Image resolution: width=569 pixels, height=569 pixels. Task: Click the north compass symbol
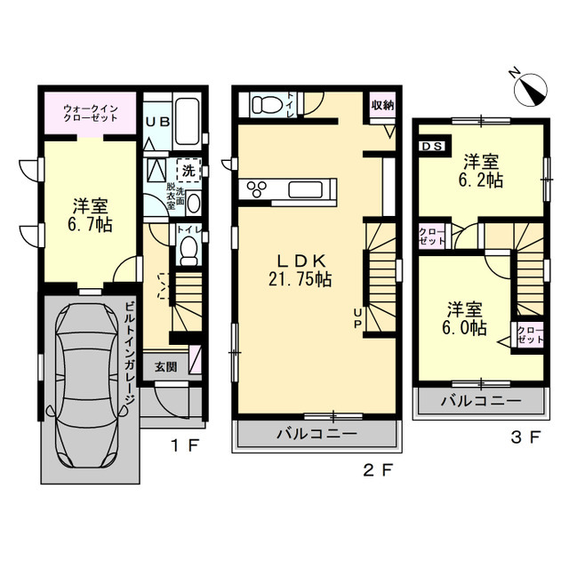point(531,89)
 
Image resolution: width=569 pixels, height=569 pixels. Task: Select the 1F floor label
point(185,445)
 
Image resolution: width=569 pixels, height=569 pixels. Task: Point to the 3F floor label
point(525,437)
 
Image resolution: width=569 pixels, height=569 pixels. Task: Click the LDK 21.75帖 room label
point(301,270)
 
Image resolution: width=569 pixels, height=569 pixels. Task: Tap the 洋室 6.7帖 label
point(90,215)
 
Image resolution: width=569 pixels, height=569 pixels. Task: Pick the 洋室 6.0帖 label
point(464,319)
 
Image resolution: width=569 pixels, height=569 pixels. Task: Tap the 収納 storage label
point(382,105)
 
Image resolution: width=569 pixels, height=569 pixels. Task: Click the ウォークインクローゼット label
point(91,113)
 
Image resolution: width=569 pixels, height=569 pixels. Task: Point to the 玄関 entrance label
point(166,367)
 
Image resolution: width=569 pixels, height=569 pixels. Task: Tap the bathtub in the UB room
point(187,122)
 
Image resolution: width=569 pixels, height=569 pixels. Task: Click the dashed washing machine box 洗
point(188,170)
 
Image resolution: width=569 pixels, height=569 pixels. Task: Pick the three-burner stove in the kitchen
point(257,189)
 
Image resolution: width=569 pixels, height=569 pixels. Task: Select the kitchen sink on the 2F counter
point(306,189)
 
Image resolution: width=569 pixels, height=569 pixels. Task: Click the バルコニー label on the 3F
point(481,401)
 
